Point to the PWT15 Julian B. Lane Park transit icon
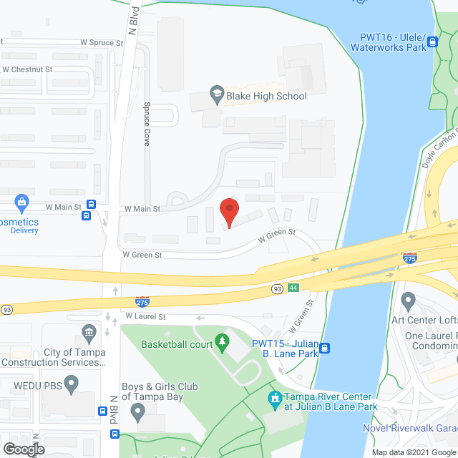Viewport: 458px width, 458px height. pyautogui.click(x=325, y=349)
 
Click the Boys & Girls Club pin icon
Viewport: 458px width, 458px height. pyautogui.click(x=138, y=411)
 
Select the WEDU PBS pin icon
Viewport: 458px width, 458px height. pyautogui.click(x=71, y=386)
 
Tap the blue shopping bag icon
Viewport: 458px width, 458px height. pyautogui.click(x=21, y=203)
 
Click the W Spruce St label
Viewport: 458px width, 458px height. pyautogui.click(x=102, y=43)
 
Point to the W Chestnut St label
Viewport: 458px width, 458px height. pyautogui.click(x=28, y=69)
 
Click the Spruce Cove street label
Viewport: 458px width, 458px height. pyautogui.click(x=147, y=124)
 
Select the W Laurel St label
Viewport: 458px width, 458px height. pyautogui.click(x=145, y=316)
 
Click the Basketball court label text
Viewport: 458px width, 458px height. pyautogui.click(x=177, y=344)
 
